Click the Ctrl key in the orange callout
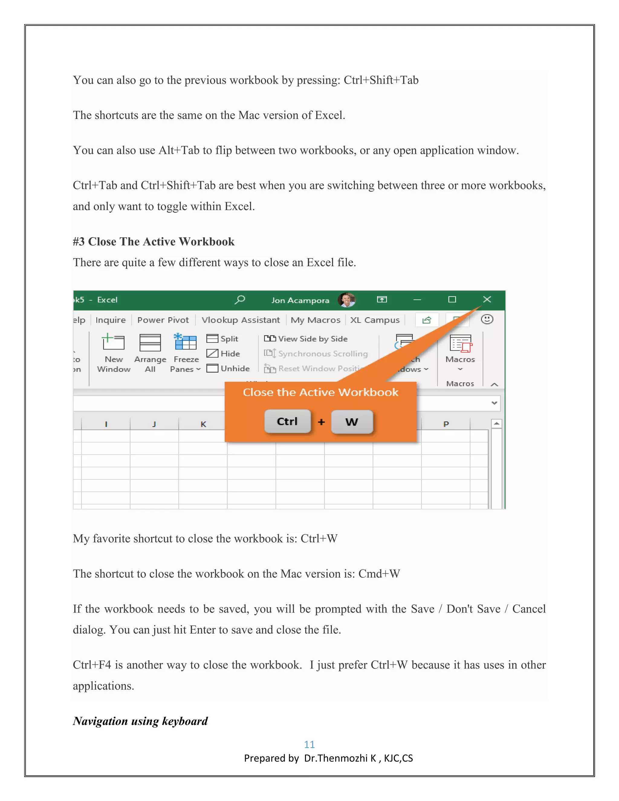point(287,421)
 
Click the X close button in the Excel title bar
point(487,300)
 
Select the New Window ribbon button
point(113,352)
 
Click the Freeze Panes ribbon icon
point(186,342)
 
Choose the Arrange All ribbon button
point(150,352)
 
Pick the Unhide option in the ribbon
point(228,368)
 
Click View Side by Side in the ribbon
point(306,339)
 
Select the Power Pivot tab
point(163,320)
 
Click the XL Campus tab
point(374,320)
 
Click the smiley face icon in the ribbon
point(487,319)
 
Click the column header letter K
point(203,424)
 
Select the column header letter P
point(446,424)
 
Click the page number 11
point(309,744)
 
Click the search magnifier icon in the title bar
point(240,300)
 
